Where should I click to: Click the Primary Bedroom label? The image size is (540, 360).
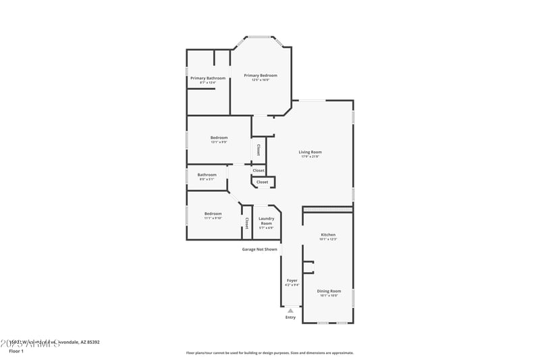pos(261,76)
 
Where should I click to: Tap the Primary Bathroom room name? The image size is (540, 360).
pos(208,78)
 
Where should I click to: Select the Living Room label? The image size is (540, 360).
pos(310,152)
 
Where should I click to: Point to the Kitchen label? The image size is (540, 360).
pos(327,235)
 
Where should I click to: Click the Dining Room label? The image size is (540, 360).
pos(329,290)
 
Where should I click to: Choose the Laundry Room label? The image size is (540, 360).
pos(266,220)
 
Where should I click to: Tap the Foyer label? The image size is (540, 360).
pos(292,280)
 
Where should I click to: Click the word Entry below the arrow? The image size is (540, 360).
pos(290,317)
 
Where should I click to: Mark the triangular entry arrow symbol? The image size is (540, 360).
pos(290,311)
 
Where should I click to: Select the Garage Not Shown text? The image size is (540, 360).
pos(260,249)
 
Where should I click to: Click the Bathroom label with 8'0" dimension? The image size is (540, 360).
pos(207,175)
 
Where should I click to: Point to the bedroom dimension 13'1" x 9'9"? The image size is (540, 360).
pos(219,143)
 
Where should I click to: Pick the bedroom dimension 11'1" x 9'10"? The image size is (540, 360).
pos(213,218)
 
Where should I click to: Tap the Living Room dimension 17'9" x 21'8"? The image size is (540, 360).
pos(310,157)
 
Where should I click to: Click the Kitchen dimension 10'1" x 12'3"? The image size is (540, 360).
pos(327,240)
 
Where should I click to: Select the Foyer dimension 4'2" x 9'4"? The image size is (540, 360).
pos(292,285)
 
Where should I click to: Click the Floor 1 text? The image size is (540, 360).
pos(16,351)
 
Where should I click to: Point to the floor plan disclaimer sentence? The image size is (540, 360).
pos(269,353)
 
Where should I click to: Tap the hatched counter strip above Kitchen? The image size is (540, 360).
pos(327,210)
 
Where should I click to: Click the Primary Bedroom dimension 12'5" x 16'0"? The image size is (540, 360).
pos(261,80)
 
